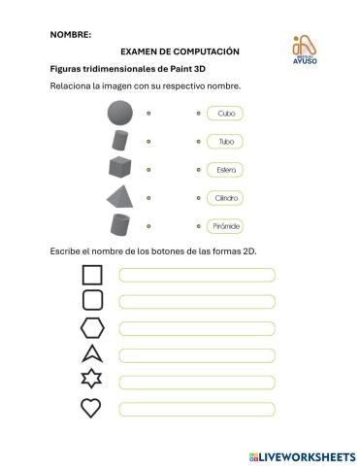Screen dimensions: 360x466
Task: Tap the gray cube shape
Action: [120, 168]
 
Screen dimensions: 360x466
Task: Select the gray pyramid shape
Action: [120, 197]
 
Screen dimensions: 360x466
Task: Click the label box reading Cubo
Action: [225, 114]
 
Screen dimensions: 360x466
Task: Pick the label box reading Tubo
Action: [225, 142]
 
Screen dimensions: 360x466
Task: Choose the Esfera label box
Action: [225, 170]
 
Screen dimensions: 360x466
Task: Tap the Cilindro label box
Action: [225, 198]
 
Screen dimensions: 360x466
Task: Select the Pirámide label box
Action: [225, 226]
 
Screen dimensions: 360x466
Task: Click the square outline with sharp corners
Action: [92, 275]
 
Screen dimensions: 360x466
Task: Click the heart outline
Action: [91, 409]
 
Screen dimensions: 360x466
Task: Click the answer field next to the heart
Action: [197, 409]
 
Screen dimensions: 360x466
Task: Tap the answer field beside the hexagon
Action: [197, 328]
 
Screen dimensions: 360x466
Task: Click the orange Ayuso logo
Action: [305, 50]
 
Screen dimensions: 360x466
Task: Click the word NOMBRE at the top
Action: [70, 34]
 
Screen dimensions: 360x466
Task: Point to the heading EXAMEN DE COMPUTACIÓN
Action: [180, 51]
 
